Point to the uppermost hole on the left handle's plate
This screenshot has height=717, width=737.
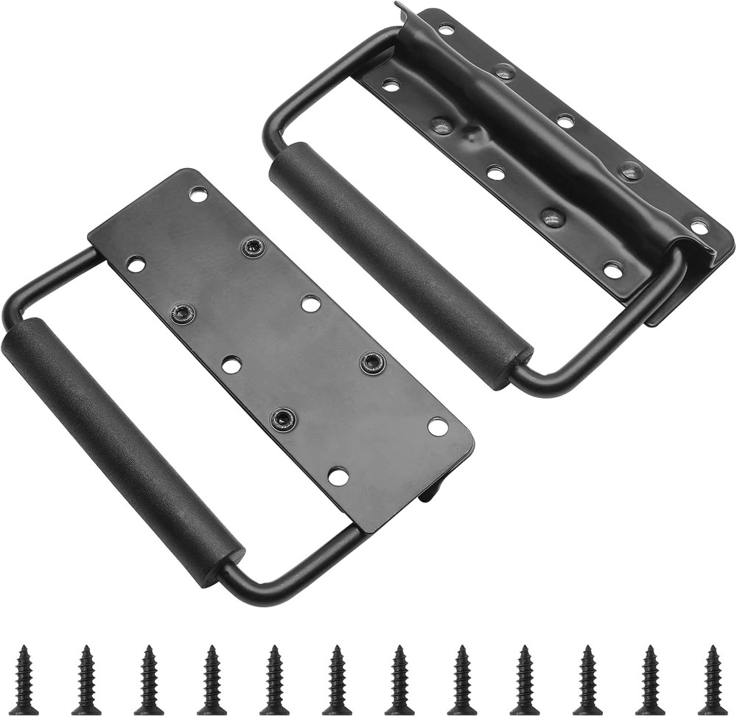198,194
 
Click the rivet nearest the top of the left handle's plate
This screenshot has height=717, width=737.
254,248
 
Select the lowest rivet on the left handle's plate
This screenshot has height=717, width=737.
282,419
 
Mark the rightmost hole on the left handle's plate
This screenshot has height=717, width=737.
438,426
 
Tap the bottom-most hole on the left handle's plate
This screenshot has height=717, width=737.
338,476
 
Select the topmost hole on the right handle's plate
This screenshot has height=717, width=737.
446,30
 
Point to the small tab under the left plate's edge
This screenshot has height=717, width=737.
429,492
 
